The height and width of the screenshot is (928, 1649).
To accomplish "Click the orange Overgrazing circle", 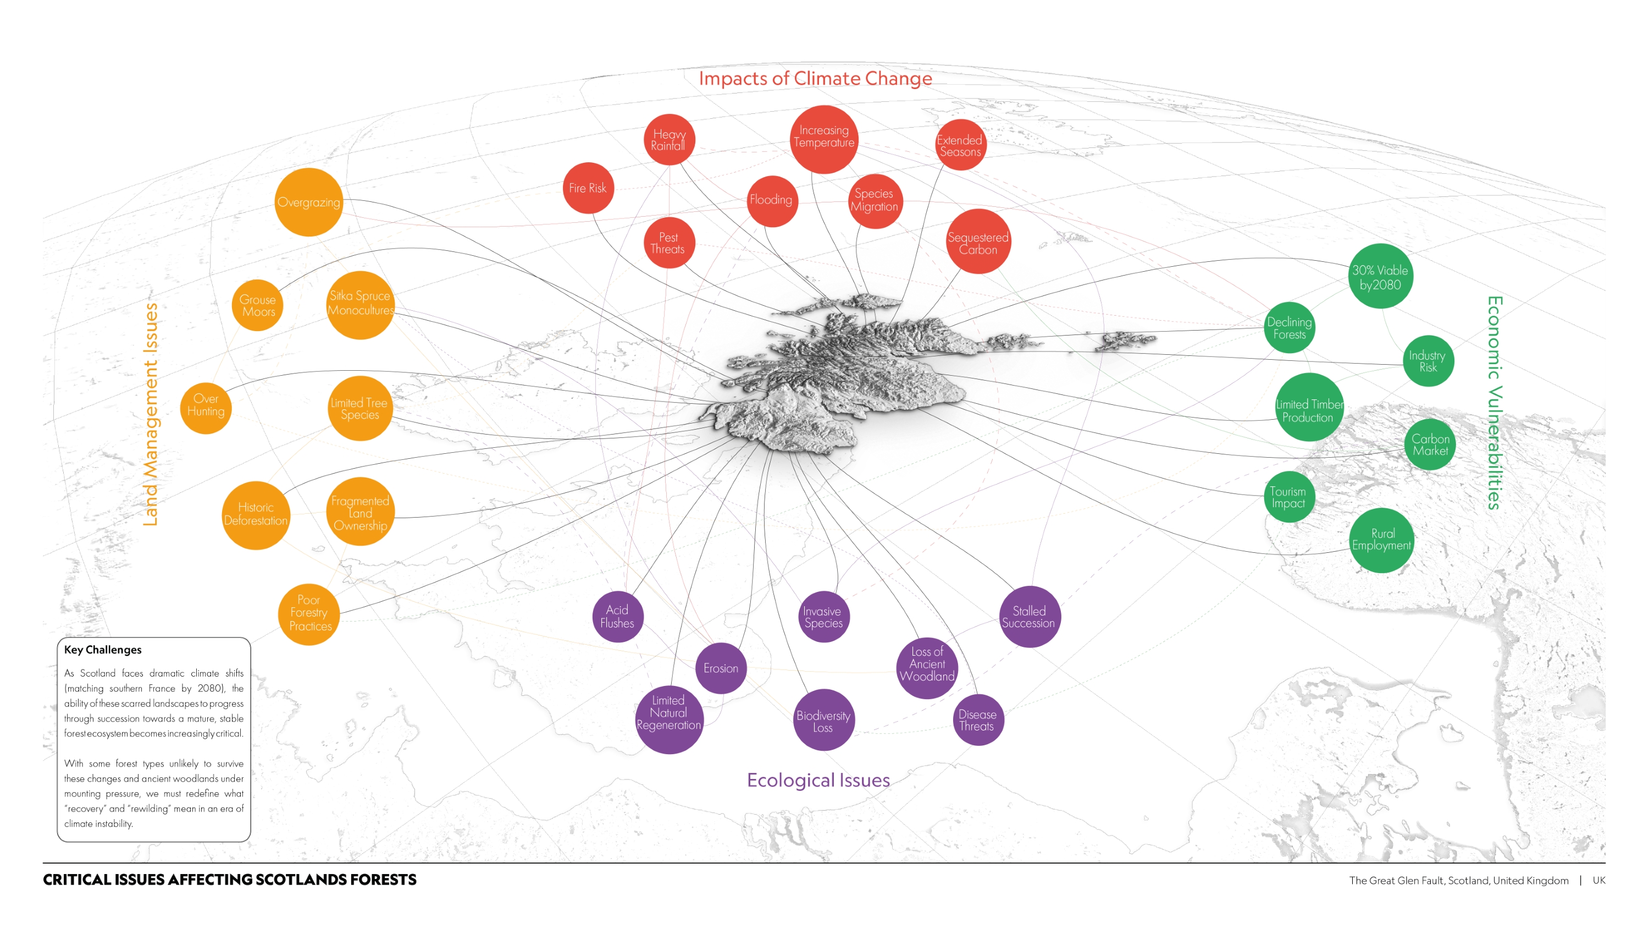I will click(308, 202).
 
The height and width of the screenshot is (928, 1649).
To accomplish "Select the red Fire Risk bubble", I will click(588, 188).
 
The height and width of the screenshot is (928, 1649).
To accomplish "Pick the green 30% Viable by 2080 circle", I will click(1380, 277).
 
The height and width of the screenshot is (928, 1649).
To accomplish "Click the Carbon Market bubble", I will click(1430, 444).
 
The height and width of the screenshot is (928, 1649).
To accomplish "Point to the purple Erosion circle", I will click(721, 668).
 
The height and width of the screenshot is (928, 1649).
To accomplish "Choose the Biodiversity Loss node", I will click(823, 721).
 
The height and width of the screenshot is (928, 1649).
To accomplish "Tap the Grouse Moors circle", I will click(257, 305).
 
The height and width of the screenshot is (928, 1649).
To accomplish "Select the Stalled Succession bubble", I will click(1029, 617).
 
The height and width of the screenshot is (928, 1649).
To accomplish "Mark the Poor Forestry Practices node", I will click(309, 613).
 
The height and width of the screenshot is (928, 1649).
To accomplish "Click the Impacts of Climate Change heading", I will click(815, 78).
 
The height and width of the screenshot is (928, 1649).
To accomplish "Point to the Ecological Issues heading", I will click(818, 780).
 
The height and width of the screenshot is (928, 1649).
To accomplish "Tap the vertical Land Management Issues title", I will click(151, 414).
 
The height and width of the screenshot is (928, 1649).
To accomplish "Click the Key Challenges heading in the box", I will click(102, 650).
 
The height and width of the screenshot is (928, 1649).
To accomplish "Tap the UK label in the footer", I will click(1598, 881).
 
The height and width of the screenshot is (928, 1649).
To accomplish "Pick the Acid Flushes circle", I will click(618, 617).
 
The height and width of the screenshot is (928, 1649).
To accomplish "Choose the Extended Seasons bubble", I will click(960, 145).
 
